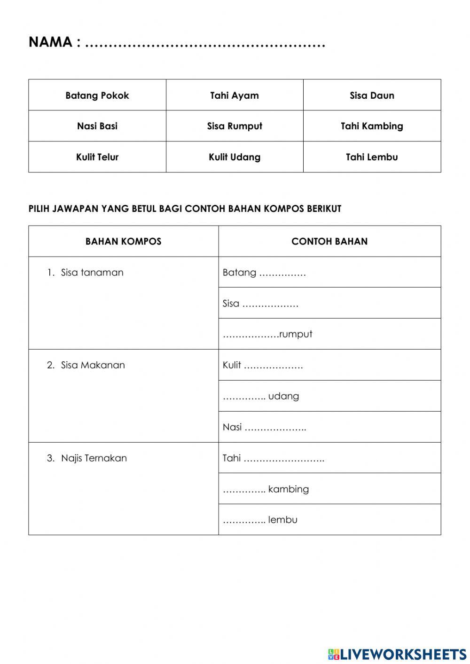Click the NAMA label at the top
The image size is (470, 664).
pyautogui.click(x=50, y=42)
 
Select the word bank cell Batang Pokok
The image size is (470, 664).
pyautogui.click(x=97, y=95)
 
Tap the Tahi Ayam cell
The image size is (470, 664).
pyautogui.click(x=235, y=95)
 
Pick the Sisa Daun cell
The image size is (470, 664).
pyautogui.click(x=372, y=95)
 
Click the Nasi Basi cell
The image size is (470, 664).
pyautogui.click(x=97, y=126)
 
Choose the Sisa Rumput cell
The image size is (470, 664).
pyautogui.click(x=235, y=126)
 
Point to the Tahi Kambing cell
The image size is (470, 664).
pyautogui.click(x=372, y=126)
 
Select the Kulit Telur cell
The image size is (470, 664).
pyautogui.click(x=97, y=157)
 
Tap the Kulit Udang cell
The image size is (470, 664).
pyautogui.click(x=235, y=157)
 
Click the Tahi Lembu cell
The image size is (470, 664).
pyautogui.click(x=372, y=157)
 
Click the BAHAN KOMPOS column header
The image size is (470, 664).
pyautogui.click(x=123, y=242)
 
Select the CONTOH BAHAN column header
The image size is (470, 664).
pyautogui.click(x=329, y=242)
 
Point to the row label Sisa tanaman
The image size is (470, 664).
pyautogui.click(x=92, y=273)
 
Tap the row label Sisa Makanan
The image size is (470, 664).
pyautogui.click(x=93, y=365)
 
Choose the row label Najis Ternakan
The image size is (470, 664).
pyautogui.click(x=94, y=458)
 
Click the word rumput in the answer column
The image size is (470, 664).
pyautogui.click(x=296, y=334)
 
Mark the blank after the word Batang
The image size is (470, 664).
pyautogui.click(x=282, y=273)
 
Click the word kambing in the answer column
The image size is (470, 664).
pyautogui.click(x=289, y=489)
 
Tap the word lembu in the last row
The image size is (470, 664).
pyautogui.click(x=283, y=520)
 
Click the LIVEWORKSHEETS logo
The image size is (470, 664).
pyautogui.click(x=397, y=654)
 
